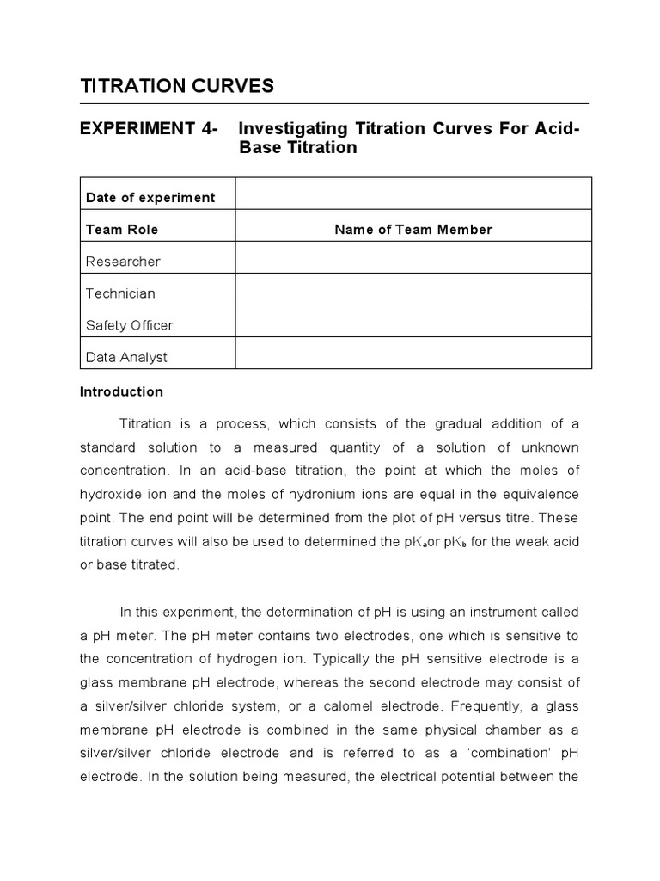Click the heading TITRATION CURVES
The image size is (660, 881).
coord(176,86)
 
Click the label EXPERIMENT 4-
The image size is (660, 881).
coord(148,129)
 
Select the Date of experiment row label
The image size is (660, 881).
coord(150,198)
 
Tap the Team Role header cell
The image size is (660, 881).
coord(122,230)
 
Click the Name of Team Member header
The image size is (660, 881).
coord(413,230)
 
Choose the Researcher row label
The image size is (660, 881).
coord(123,262)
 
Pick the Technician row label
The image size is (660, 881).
coord(120,293)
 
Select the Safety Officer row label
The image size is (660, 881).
coord(129,325)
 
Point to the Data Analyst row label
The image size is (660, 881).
coord(126,357)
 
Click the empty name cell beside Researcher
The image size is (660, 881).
coord(413,258)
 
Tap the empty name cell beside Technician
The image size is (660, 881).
coord(413,290)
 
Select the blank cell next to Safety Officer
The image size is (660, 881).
coord(413,322)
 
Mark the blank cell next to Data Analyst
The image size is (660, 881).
coord(413,354)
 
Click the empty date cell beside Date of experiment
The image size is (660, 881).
coord(413,194)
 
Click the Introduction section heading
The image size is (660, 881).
coord(121,391)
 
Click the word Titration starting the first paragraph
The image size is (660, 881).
coord(147,424)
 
